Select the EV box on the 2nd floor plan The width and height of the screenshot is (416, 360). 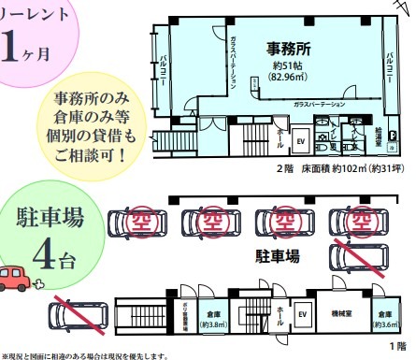pos(302,141)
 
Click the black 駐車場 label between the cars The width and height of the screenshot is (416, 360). pos(281,254)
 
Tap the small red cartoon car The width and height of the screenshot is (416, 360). pos(16,278)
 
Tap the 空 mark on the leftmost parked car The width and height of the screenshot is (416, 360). pos(140,222)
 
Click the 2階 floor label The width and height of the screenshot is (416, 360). pos(285,169)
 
